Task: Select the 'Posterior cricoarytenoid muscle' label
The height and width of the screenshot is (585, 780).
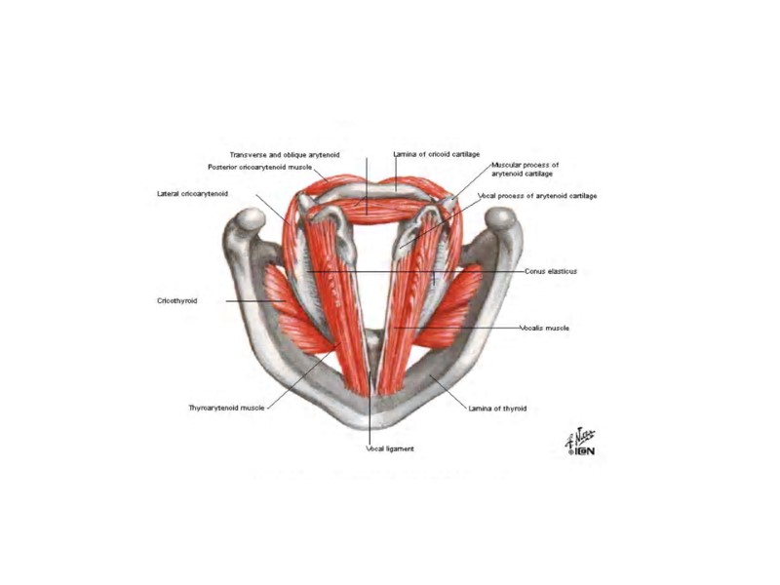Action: click(x=259, y=167)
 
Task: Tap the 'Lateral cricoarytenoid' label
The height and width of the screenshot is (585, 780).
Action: click(x=192, y=194)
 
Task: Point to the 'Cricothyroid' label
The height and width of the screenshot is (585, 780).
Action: click(x=176, y=301)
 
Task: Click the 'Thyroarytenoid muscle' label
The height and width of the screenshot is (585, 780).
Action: click(x=226, y=408)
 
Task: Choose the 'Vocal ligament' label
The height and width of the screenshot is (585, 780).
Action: click(x=390, y=448)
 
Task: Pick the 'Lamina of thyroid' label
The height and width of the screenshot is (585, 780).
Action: click(x=497, y=409)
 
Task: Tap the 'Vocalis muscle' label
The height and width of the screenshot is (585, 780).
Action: click(x=544, y=329)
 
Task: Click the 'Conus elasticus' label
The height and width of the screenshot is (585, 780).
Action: click(x=550, y=271)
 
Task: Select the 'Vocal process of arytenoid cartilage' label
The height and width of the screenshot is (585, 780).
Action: click(x=537, y=196)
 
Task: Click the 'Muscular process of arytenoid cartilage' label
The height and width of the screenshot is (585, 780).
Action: click(x=525, y=170)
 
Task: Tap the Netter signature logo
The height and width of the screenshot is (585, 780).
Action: click(x=580, y=444)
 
